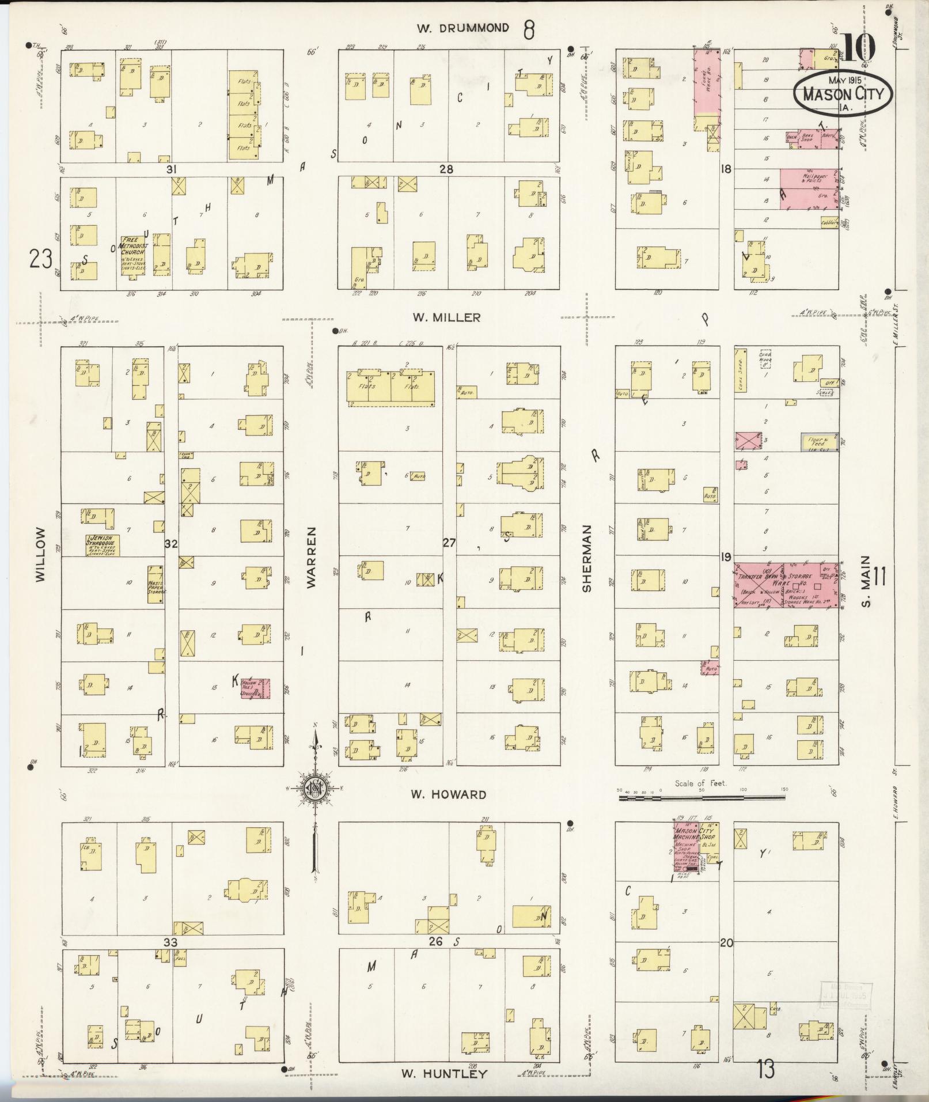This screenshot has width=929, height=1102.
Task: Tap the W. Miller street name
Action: pyautogui.click(x=446, y=317)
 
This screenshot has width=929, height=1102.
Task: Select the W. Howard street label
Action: pyautogui.click(x=448, y=794)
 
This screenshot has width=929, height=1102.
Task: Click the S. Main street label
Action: pyautogui.click(x=867, y=581)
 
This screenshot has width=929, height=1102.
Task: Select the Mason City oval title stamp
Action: pyautogui.click(x=842, y=92)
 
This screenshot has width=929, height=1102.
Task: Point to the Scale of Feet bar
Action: pyautogui.click(x=702, y=798)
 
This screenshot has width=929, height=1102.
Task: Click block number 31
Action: pyautogui.click(x=170, y=169)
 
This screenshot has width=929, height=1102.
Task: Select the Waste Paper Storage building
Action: pyautogui.click(x=156, y=584)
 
